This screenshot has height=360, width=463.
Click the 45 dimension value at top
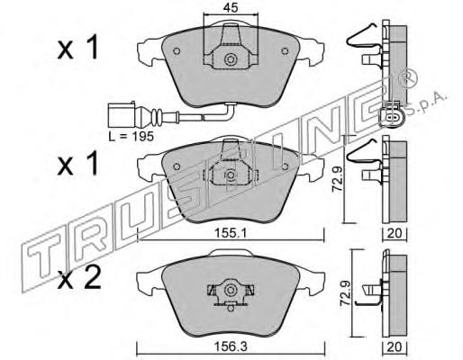point(231,8)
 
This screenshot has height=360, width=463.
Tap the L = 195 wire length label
point(132,137)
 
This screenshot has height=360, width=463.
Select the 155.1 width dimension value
point(231,233)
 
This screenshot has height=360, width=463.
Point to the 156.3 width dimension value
point(231,347)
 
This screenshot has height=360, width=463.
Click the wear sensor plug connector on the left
point(122,114)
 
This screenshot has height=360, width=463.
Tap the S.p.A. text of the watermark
point(428,105)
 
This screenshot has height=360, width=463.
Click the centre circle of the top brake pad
point(231,59)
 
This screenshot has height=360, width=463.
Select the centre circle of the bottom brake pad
point(231,290)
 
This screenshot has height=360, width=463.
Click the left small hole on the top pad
point(177,51)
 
